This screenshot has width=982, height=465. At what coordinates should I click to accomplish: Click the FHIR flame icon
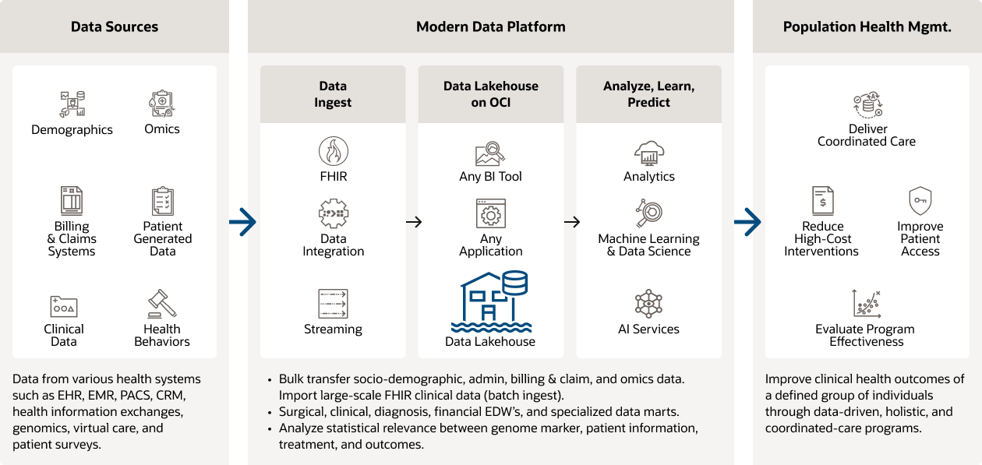334,150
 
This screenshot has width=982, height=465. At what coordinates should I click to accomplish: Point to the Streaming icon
334,304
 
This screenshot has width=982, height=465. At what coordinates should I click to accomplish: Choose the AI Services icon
648,304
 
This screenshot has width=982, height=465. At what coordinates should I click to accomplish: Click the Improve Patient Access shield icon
920,201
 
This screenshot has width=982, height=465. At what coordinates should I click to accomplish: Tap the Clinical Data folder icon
64,306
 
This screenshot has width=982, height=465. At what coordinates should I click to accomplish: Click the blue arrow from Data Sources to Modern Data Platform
243,222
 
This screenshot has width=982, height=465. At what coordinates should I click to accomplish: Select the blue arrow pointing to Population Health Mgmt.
747,222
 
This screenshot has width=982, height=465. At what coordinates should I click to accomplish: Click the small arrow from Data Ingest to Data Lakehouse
414,222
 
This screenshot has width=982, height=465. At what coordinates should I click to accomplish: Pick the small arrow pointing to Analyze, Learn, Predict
572,222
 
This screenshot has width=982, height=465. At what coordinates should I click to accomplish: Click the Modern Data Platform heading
491,27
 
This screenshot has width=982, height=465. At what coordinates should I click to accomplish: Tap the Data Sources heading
115,27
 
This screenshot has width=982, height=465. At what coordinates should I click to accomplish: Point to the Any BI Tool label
491,177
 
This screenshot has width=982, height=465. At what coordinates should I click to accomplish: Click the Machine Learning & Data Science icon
648,213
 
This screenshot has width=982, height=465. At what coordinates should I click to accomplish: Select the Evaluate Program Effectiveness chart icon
866,302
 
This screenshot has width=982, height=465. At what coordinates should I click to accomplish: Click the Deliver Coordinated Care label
867,135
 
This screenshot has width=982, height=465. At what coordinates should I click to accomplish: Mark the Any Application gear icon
491,213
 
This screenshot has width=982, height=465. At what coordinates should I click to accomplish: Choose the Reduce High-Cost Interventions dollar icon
822,201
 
